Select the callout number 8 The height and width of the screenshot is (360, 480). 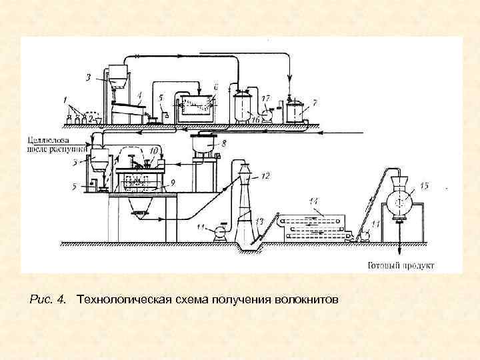pyautogui.click(x=224, y=143)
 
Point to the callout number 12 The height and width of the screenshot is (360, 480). pyautogui.click(x=265, y=176)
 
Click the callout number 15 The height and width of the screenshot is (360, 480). pyautogui.click(x=425, y=185)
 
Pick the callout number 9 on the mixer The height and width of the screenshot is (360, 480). pyautogui.click(x=173, y=181)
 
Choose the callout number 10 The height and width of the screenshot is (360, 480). pyautogui.click(x=154, y=152)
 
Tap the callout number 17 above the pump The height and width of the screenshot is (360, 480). pyautogui.click(x=265, y=99)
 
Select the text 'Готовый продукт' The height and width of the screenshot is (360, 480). pyautogui.click(x=401, y=265)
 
